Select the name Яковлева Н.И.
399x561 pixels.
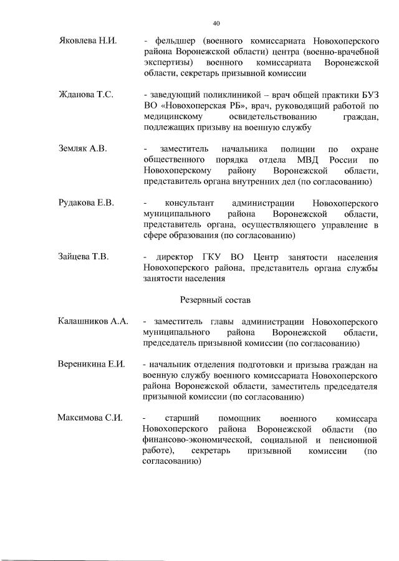(x=84, y=41)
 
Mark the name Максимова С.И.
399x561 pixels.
(x=89, y=418)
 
